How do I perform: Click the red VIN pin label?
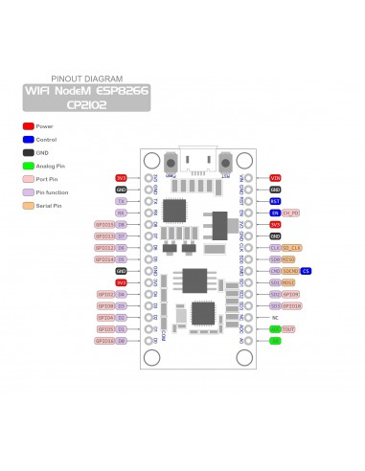(x=275, y=178)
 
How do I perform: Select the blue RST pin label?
(x=275, y=201)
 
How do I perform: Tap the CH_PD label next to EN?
(x=291, y=213)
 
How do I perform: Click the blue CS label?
(x=306, y=271)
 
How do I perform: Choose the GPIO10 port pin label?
(x=292, y=294)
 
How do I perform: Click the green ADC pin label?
(x=275, y=328)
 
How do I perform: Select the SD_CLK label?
(x=292, y=247)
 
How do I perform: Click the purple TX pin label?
(x=122, y=201)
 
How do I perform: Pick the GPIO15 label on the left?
(x=105, y=224)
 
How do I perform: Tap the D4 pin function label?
(x=122, y=294)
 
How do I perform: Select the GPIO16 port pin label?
(x=105, y=340)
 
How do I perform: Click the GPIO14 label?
(x=105, y=259)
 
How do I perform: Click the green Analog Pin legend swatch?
(x=29, y=166)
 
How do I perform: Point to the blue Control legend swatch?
(x=29, y=139)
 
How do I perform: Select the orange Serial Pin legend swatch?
(x=29, y=205)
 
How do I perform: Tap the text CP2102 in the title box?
(x=87, y=105)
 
